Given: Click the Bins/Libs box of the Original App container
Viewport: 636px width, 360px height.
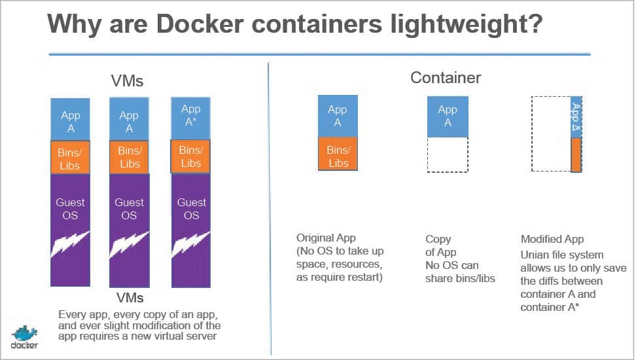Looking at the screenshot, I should (338, 156).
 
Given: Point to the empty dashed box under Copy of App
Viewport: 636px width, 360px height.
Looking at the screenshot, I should (448, 154).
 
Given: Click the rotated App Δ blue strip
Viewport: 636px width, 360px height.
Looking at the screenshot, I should (576, 118).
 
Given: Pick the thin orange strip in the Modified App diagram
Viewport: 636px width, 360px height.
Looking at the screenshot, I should (576, 154).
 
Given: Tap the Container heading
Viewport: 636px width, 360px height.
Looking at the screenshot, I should (446, 78).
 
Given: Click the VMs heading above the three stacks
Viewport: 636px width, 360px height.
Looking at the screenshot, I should (127, 82).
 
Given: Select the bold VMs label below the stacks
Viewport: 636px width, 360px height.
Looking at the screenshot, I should (130, 298).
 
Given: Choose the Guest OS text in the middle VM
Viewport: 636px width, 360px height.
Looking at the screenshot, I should (129, 208).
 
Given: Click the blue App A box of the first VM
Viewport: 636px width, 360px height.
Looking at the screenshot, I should (71, 121).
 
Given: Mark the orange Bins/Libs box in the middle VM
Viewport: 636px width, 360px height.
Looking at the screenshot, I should (130, 157).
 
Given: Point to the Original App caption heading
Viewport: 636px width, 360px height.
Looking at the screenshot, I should (326, 238).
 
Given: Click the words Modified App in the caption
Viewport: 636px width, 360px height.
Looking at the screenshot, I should (552, 239).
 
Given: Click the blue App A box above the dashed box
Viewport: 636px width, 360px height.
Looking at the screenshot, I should (448, 116).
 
